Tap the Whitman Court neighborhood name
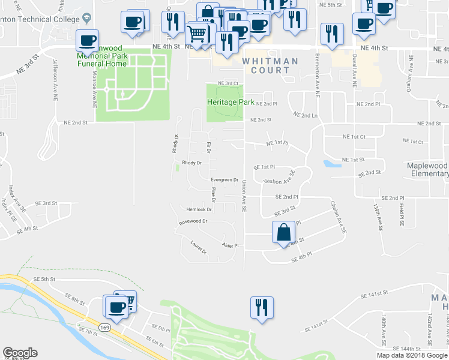[x=270, y=65]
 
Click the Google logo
[x=20, y=353]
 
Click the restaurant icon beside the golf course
[x=262, y=308]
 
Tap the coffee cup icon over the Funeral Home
[x=87, y=40]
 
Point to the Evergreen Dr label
[x=224, y=179]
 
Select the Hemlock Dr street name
[x=199, y=209]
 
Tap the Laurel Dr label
[x=198, y=247]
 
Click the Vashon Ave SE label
[x=279, y=178]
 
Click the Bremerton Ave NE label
[x=316, y=74]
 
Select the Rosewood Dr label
[x=193, y=222]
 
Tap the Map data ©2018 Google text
[x=412, y=355]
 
